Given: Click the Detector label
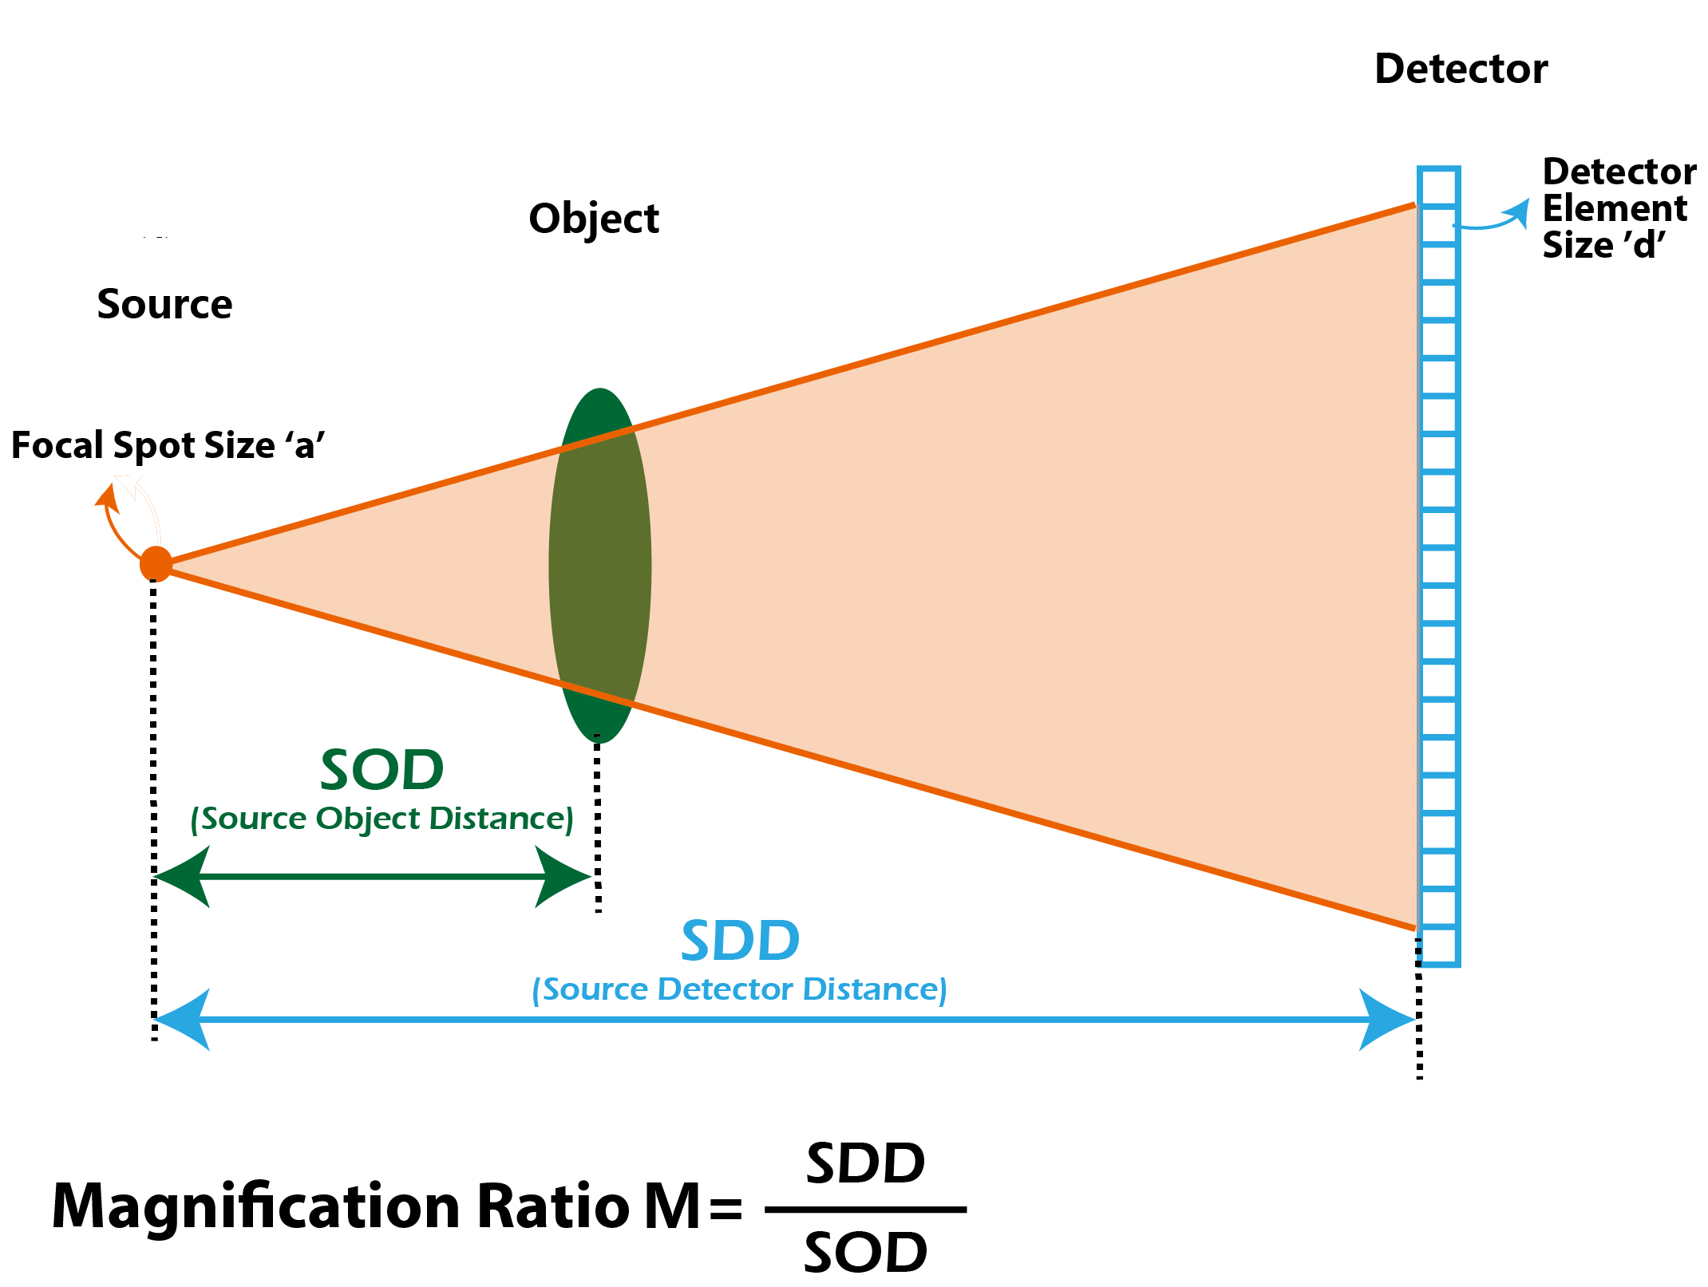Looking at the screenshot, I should click(x=1461, y=69).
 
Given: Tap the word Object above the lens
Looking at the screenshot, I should click(x=594, y=219).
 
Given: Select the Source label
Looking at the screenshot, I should click(x=164, y=304).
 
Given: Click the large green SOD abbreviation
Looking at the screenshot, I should click(x=382, y=770).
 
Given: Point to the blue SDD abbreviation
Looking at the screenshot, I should click(x=740, y=941).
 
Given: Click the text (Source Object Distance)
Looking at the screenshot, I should click(x=382, y=819).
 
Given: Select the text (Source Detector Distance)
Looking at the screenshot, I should click(x=739, y=989).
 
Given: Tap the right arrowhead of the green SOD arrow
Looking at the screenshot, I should click(x=563, y=876).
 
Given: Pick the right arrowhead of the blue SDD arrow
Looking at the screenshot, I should click(x=1387, y=1019).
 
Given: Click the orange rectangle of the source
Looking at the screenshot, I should click(x=117, y=520).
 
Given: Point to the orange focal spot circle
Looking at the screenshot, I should click(x=156, y=563).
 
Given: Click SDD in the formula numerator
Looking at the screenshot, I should click(x=865, y=1164).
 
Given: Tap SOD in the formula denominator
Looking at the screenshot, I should click(x=865, y=1253).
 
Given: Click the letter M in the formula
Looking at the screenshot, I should click(x=672, y=1207).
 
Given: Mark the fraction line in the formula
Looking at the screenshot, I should click(x=865, y=1210).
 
